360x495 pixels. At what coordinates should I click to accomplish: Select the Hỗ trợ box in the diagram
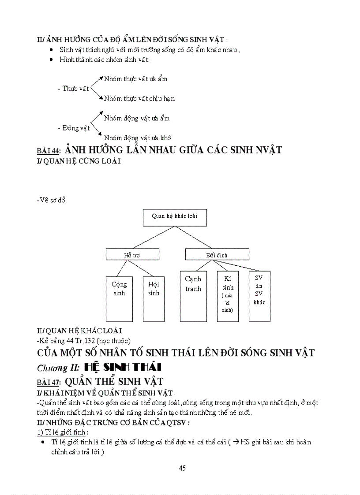click(132, 254)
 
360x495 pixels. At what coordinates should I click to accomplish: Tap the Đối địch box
click(217, 254)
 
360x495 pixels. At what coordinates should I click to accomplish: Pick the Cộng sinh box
click(119, 299)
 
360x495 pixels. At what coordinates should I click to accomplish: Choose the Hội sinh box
click(154, 299)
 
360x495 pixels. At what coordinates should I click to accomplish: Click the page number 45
click(182, 468)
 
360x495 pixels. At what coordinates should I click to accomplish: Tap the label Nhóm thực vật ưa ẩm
click(135, 79)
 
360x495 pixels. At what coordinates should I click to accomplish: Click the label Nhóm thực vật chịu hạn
click(139, 98)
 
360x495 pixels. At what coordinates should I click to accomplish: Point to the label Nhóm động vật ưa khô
click(137, 138)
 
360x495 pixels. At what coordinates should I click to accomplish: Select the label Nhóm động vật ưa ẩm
click(137, 118)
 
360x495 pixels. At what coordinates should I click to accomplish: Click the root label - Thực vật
click(73, 89)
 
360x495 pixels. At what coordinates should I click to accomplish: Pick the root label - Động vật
click(74, 128)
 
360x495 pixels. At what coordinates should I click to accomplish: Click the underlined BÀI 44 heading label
click(49, 151)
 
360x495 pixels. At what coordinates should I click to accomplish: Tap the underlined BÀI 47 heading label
click(49, 382)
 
